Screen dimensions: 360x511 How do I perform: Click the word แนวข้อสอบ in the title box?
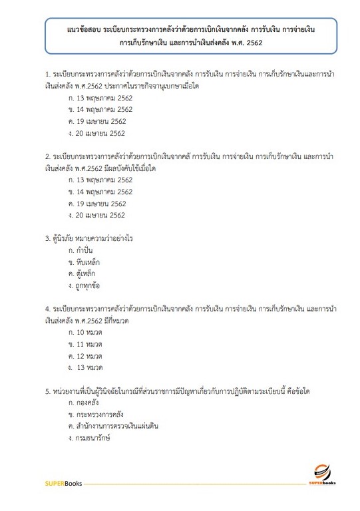[85, 31]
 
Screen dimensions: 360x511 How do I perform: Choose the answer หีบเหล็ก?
[91, 262]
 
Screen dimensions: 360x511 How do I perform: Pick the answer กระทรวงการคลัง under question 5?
[100, 415]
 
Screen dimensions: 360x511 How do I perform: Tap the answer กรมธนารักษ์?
[93, 438]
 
